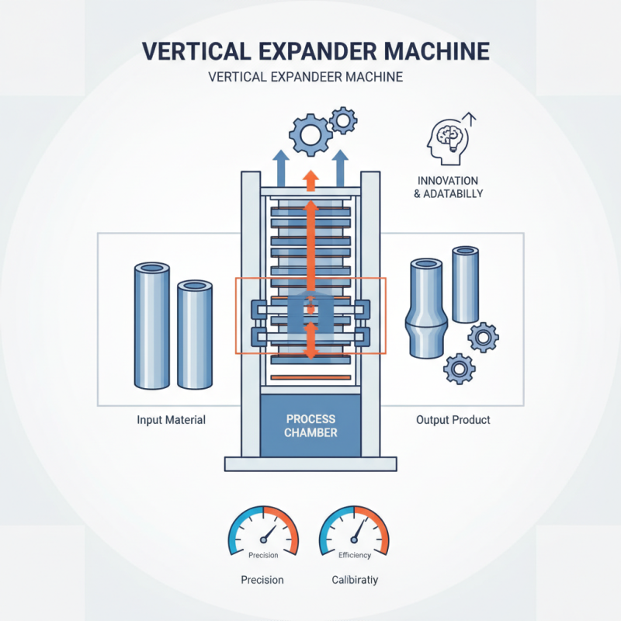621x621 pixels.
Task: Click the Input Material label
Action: click(171, 420)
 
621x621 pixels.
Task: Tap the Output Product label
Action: click(453, 420)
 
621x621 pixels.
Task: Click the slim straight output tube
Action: click(465, 284)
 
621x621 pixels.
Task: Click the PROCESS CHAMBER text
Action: click(310, 425)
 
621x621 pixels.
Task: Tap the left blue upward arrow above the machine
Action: click(280, 166)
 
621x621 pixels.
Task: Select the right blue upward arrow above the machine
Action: click(341, 166)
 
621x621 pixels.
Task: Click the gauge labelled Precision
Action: click(264, 536)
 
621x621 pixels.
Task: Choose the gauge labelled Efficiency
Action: click(355, 536)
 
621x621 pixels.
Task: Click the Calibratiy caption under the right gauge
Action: click(355, 580)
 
